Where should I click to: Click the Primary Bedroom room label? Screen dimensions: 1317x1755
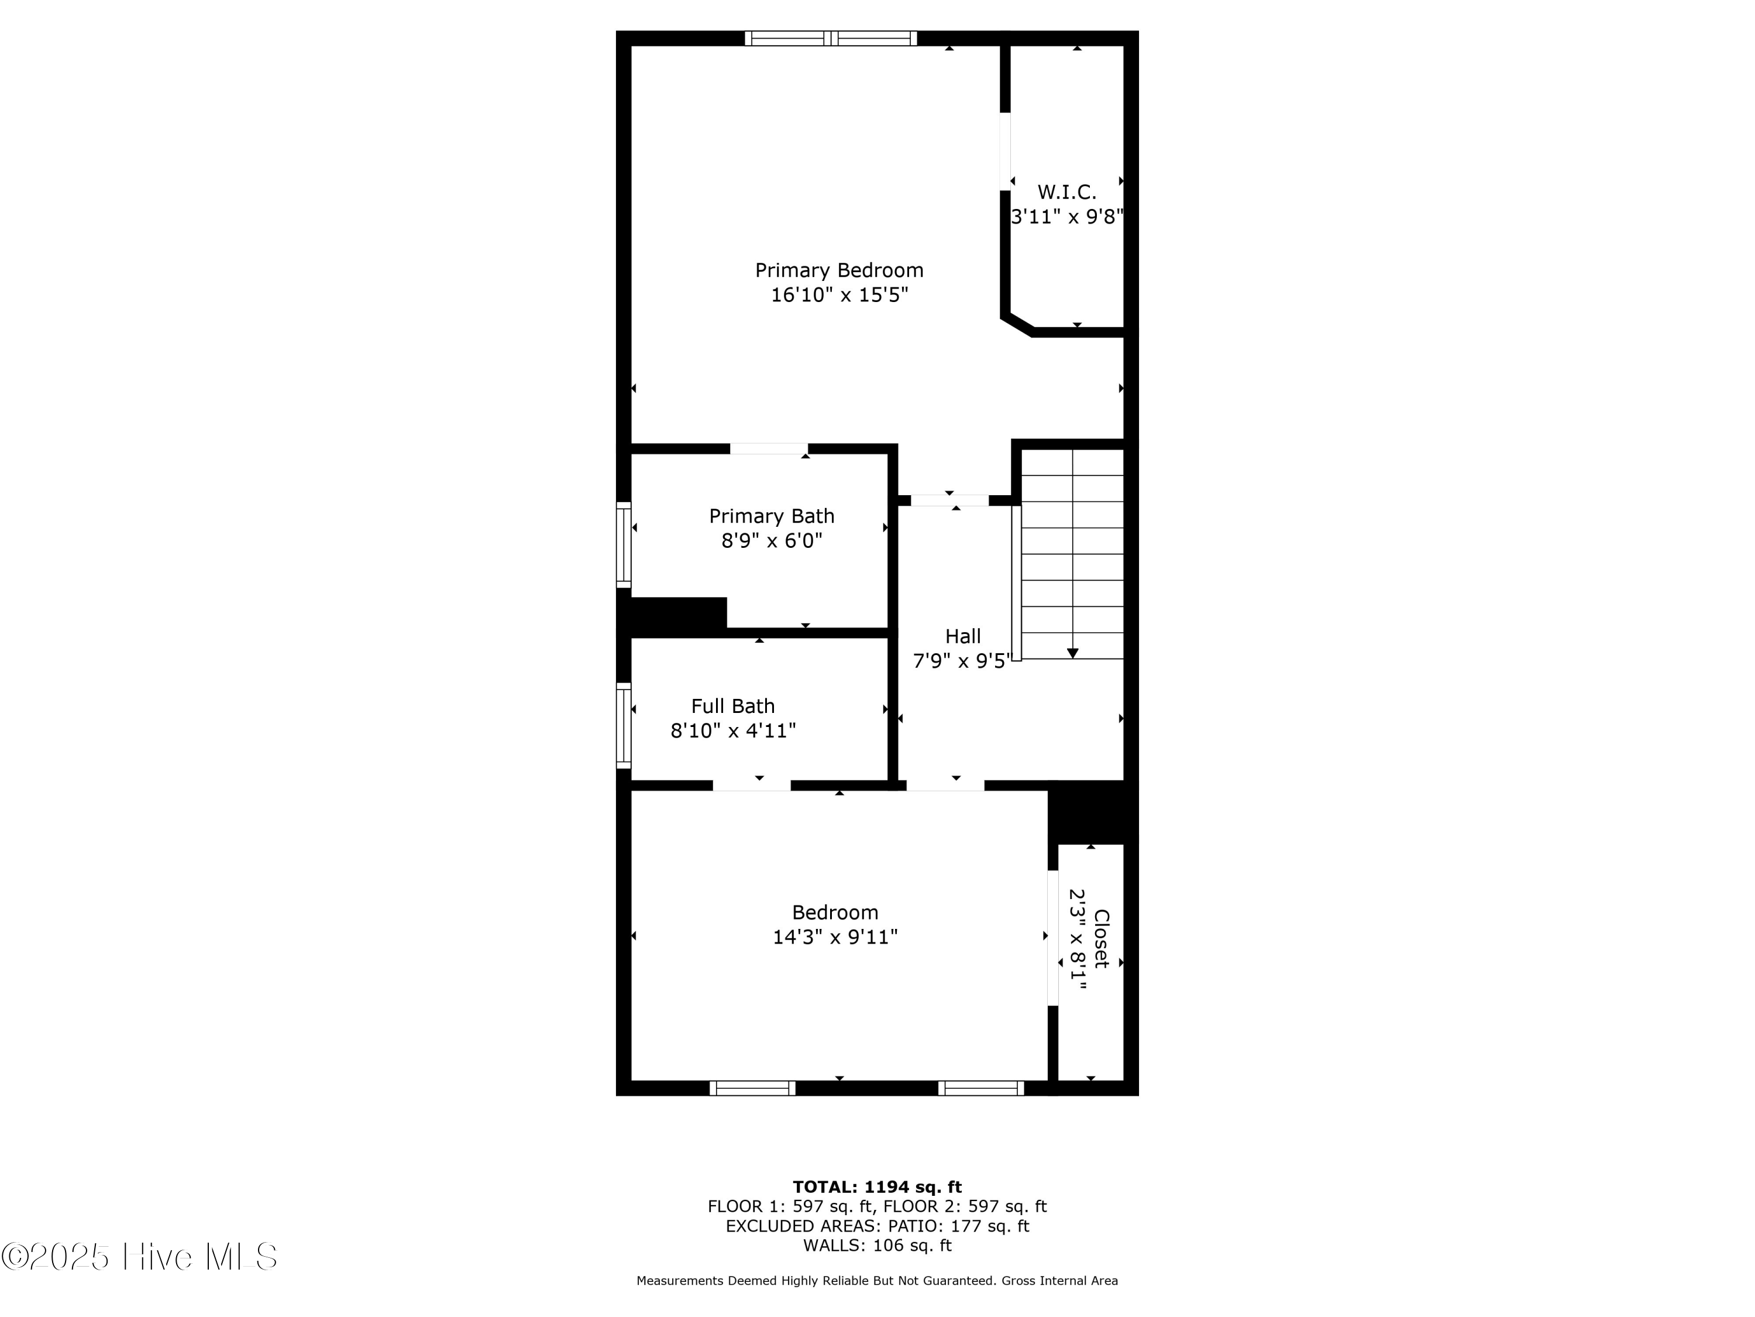pos(839,270)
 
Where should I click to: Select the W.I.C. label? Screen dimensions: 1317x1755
pos(1066,192)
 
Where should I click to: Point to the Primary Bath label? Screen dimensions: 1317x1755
pos(771,516)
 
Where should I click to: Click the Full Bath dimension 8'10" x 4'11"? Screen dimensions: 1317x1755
pos(733,731)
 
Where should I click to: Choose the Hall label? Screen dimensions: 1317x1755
pos(962,637)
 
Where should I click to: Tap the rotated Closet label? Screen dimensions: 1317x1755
pos(1101,938)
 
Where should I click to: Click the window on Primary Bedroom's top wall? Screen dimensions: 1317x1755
pos(831,38)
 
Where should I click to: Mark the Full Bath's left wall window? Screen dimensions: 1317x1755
pos(624,726)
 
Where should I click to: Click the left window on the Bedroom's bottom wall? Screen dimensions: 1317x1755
pos(752,1088)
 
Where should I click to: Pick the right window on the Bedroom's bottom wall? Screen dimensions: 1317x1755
pos(980,1088)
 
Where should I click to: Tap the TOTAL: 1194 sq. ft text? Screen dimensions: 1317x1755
pos(877,1187)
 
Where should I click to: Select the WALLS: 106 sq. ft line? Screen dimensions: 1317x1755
pos(877,1246)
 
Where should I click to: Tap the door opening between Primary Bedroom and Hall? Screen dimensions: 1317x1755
pos(949,500)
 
